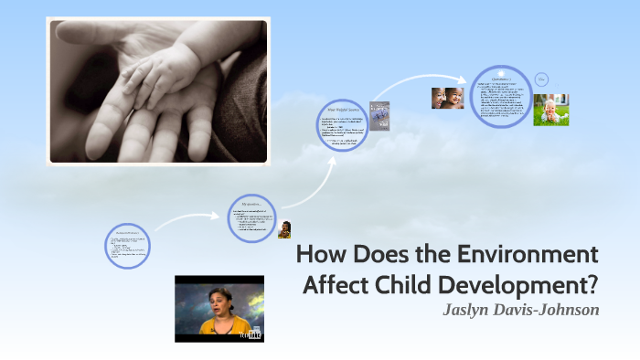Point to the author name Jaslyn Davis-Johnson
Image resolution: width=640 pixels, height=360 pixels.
[x=520, y=310]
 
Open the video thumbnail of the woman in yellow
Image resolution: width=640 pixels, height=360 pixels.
[x=219, y=308]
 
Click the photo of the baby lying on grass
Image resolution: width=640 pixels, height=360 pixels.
[x=551, y=110]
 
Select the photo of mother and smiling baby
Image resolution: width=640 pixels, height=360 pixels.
[x=447, y=98]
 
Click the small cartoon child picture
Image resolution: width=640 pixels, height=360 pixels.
[x=284, y=229]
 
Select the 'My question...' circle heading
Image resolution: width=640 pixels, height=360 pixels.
[x=251, y=203]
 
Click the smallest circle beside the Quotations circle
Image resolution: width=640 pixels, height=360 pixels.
[x=541, y=79]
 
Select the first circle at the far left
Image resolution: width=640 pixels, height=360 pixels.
[x=127, y=245]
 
